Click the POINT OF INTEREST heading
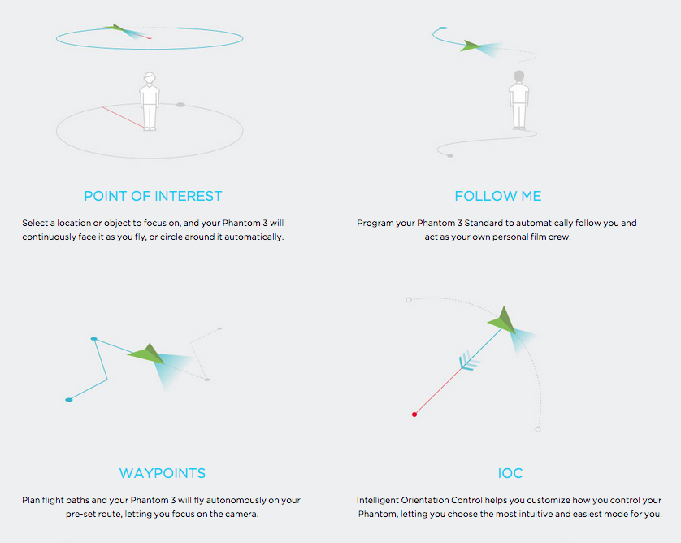coord(153,196)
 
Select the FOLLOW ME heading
coord(497,196)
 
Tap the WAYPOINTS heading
coord(163,473)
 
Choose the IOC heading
coord(510,473)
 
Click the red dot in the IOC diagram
coord(414,415)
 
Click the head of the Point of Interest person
coord(149,79)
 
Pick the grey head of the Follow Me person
coord(518,76)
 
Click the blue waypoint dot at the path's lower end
coord(69,400)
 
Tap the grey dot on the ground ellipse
coord(180,105)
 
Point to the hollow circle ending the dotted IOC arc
coord(538,429)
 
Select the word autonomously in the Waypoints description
coord(223,500)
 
